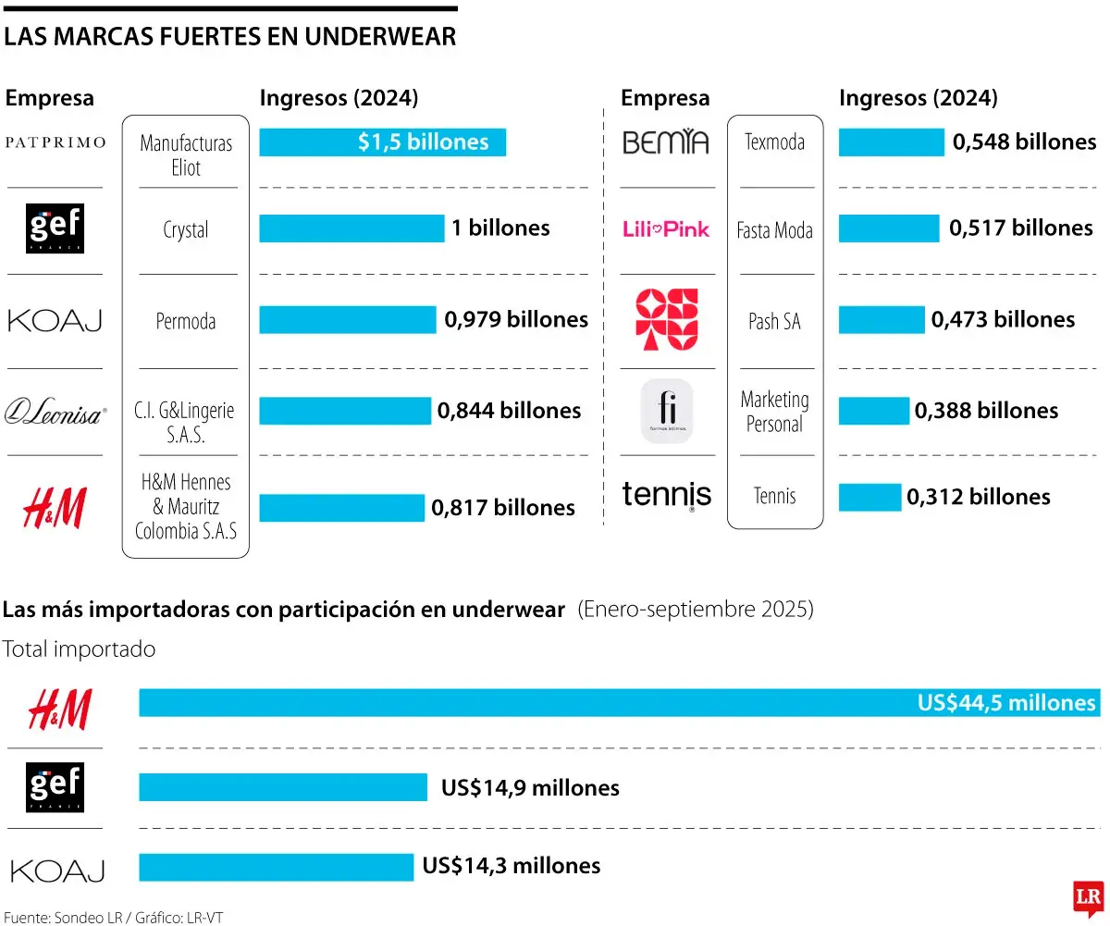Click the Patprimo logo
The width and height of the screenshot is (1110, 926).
55,142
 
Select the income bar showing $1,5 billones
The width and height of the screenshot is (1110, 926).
382,142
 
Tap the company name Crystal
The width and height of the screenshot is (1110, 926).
186,230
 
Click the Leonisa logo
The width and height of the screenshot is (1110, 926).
55,411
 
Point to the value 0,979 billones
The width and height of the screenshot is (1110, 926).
516,320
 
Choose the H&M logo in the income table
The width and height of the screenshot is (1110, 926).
55,508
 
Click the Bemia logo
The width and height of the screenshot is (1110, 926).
666,142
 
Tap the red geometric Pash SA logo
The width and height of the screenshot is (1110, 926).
667,320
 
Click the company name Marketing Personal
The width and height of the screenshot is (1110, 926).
774,412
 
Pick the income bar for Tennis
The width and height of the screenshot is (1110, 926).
869,497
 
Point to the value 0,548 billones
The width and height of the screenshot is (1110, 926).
1024,142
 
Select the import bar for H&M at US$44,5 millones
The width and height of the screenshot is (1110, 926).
618,703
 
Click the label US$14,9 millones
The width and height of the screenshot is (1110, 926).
530,788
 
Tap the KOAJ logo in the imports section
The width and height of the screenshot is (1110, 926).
57,870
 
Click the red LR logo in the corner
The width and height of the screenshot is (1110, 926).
1088,897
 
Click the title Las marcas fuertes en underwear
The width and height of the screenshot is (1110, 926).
230,36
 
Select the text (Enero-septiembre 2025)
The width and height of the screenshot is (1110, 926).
696,611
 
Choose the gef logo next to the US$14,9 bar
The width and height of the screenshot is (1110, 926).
55,787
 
